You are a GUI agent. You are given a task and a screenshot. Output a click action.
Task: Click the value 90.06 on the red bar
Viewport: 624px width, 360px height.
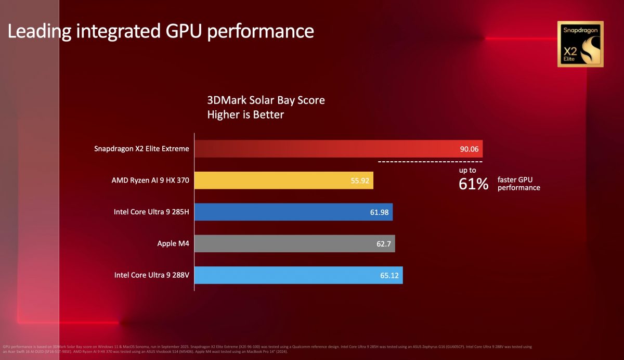470,149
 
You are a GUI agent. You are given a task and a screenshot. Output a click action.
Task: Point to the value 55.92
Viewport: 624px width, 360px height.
359,181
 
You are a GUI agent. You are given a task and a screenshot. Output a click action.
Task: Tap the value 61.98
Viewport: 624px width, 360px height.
378,212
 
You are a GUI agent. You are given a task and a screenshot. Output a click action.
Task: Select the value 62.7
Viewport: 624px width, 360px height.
382,243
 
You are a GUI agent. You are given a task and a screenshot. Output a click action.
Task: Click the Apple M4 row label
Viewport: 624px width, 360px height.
173,243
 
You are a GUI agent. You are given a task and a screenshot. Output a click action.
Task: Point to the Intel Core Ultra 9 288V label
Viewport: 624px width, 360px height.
151,275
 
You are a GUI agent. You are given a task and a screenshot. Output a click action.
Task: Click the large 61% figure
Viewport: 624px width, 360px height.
473,184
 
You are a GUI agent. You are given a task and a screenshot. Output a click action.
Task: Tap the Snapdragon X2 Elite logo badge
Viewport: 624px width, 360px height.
580,44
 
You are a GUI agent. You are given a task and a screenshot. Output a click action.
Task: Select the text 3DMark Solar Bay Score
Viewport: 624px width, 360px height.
266,100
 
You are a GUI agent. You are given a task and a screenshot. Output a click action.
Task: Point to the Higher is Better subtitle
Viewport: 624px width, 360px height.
245,114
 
